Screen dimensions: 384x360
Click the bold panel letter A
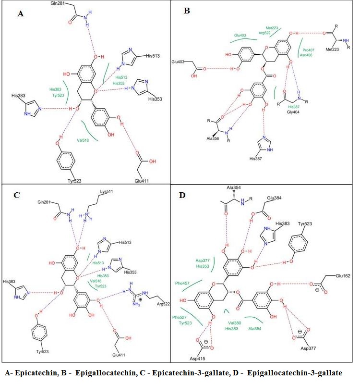point(20,14)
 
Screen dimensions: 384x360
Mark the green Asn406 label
point(307,55)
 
